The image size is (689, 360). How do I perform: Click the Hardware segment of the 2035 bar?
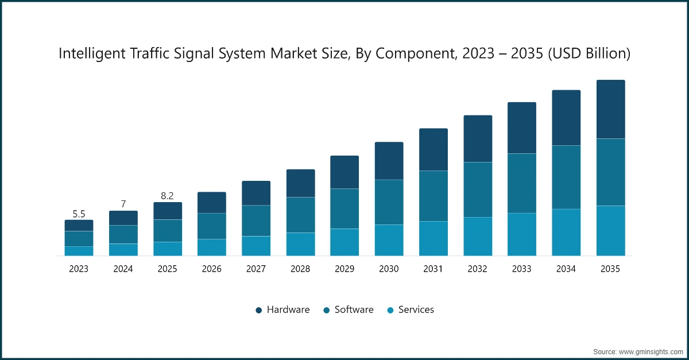point(610,109)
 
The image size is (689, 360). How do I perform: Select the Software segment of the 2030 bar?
point(389,202)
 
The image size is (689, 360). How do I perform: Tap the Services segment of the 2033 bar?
point(521,234)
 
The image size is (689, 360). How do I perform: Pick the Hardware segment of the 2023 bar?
point(79,226)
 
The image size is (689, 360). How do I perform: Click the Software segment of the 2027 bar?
point(256,220)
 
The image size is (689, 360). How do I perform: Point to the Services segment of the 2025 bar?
point(168,249)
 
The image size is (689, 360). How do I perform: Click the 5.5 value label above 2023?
point(79,214)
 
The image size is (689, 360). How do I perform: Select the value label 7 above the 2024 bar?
point(123,204)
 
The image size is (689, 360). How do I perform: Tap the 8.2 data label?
point(168,196)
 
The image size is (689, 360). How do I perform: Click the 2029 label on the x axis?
point(344,269)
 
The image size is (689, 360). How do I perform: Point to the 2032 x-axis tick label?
point(477,269)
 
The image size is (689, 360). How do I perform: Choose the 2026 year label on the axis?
point(212,269)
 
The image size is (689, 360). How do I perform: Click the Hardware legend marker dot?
point(259,310)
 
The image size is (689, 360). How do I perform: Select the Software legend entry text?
point(354,309)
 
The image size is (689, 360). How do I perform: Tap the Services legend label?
point(416,309)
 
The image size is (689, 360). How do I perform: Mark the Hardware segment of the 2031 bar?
point(433,149)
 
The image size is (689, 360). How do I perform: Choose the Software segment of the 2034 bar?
point(566,177)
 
